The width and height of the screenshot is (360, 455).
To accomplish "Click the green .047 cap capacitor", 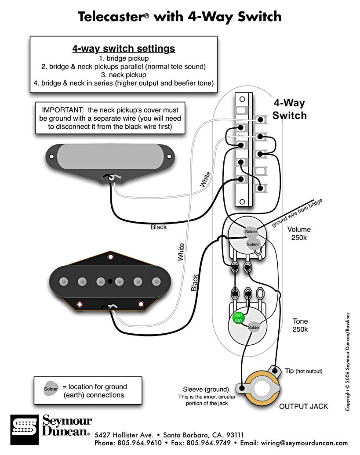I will pos(238,318).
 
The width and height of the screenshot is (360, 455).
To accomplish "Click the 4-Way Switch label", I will pos(289,109).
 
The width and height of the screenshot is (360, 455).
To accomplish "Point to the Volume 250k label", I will pos(299,233).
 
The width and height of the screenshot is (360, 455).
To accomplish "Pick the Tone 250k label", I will pos(300,325).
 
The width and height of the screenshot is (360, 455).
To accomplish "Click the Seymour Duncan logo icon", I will pos(25,426).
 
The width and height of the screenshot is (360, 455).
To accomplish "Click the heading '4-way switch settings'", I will pos(124,49).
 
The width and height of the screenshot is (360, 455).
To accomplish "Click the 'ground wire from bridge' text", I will pos(297,213).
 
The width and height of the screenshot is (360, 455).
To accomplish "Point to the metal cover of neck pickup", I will pos(112,156).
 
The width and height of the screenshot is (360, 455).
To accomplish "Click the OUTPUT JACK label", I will pos(303,406).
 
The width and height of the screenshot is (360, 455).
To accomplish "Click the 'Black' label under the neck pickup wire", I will pos(159,227).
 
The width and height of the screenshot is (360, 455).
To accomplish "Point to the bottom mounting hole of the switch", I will pos(241,202).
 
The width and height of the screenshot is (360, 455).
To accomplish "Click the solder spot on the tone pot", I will pos(254,327).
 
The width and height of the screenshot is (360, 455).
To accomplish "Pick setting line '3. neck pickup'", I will pos(124,75).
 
